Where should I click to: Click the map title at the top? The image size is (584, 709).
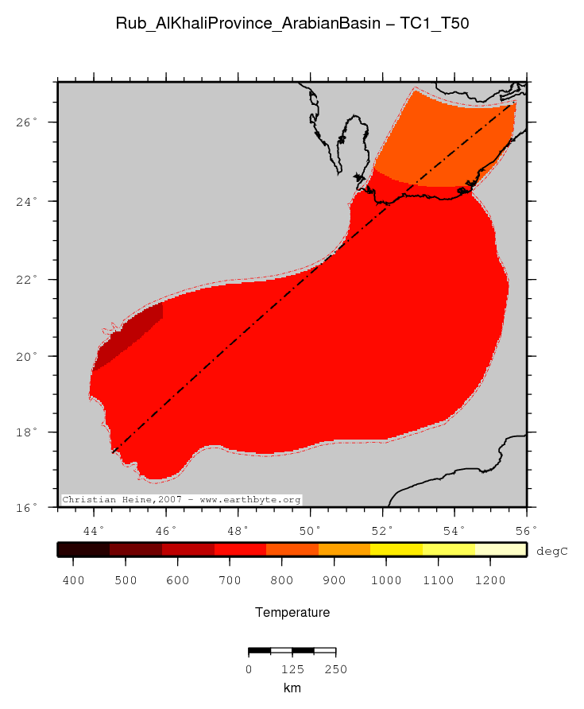[292, 24]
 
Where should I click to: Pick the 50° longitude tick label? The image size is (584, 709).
[310, 529]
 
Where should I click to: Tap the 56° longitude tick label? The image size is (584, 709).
[526, 529]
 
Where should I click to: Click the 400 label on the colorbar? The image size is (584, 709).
[73, 580]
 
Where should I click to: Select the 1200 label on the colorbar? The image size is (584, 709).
[490, 580]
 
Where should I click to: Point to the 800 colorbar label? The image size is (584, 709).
[282, 580]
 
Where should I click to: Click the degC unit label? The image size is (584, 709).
[551, 550]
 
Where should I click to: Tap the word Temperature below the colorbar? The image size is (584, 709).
[292, 612]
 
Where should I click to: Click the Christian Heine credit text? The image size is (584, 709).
[181, 500]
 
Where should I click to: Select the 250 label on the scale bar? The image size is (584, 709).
[335, 669]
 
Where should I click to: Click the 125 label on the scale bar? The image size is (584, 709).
[292, 669]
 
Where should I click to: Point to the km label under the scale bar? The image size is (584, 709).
[292, 688]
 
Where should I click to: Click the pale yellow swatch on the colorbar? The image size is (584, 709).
[501, 549]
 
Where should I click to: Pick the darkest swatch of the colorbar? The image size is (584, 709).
[83, 549]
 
